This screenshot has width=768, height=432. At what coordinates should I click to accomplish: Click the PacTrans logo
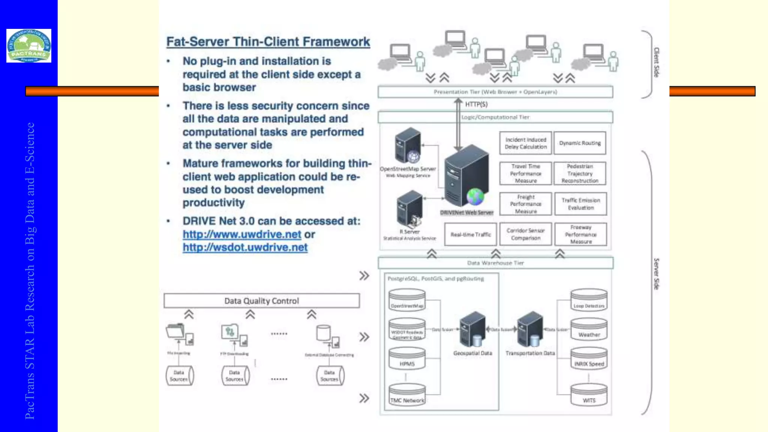(29, 45)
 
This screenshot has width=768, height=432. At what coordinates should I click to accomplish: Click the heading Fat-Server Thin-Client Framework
(268, 42)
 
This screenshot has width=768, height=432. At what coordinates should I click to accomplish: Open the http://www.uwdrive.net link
(242, 234)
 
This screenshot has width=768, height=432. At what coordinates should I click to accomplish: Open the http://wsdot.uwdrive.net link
(245, 247)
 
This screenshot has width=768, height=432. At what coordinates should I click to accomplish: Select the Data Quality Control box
(261, 301)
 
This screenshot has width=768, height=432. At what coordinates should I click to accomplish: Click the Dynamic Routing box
(580, 143)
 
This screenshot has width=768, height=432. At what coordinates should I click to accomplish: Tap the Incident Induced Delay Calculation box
(525, 143)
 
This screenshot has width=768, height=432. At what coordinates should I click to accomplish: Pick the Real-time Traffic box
(471, 234)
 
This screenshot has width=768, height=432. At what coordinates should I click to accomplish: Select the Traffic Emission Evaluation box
(580, 204)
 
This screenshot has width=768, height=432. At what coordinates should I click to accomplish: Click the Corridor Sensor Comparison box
(525, 234)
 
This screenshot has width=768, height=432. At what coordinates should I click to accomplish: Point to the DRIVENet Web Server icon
(467, 176)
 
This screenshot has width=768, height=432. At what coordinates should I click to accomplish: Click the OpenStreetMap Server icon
(408, 145)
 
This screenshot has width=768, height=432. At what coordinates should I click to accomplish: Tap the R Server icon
(409, 208)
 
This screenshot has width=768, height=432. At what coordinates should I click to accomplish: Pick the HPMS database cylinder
(407, 358)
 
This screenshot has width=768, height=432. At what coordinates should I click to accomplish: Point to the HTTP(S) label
(476, 104)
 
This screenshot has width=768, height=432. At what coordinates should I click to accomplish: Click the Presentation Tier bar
(495, 92)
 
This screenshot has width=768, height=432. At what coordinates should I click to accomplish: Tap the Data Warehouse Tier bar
(495, 263)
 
